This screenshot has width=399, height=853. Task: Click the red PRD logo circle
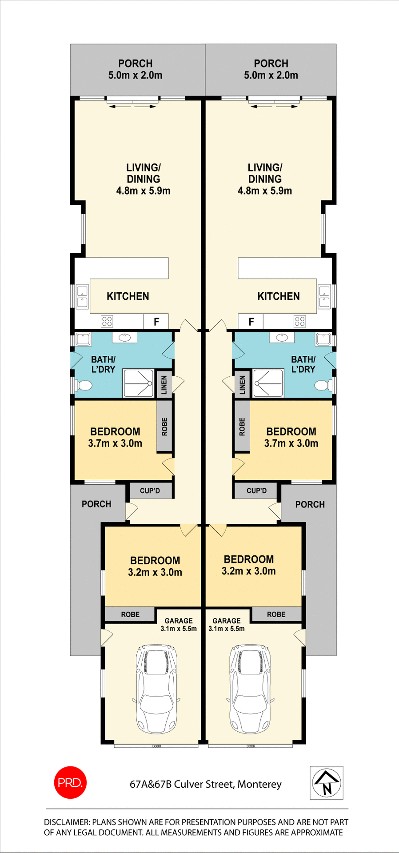pyautogui.click(x=70, y=782)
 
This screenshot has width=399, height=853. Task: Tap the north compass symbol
pyautogui.click(x=326, y=783)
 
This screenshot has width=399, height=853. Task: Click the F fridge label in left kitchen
pyautogui.click(x=156, y=322)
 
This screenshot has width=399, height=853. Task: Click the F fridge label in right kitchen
pyautogui.click(x=251, y=322)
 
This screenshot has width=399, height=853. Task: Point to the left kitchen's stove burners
pyautogui.click(x=107, y=321)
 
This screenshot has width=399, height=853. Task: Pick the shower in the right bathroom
pyautogui.click(x=268, y=383)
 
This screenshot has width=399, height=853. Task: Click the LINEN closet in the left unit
pyautogui.click(x=164, y=385)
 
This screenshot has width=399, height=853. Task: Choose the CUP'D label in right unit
pyautogui.click(x=256, y=490)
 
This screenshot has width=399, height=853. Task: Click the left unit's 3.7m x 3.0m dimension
pyautogui.click(x=115, y=443)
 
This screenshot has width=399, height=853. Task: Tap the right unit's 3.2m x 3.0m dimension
pyautogui.click(x=248, y=571)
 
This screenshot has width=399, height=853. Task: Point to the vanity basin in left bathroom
pyautogui.click(x=124, y=338)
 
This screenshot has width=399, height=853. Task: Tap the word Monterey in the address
pyautogui.click(x=259, y=784)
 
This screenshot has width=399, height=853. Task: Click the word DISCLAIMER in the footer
pyautogui.click(x=67, y=822)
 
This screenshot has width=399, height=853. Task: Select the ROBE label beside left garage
pyautogui.click(x=130, y=614)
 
